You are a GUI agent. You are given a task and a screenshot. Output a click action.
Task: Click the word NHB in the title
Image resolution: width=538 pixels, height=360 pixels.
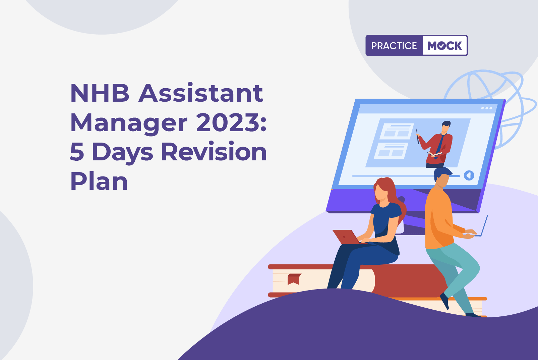(100, 93)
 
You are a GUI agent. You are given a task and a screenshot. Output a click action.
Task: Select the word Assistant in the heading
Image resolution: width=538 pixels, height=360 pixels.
(201, 93)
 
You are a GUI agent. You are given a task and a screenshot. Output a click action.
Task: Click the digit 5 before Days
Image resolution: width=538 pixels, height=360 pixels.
(77, 152)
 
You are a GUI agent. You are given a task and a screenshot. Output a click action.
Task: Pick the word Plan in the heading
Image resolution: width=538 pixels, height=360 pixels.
(99, 181)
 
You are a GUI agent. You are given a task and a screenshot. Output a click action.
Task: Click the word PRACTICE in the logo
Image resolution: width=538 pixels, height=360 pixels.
(394, 46)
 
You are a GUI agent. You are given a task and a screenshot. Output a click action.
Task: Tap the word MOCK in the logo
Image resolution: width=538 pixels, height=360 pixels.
(444, 46)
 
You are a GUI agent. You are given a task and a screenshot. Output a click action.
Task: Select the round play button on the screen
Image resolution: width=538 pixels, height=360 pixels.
(469, 175)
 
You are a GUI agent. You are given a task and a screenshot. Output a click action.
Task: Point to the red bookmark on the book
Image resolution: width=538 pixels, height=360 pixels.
(294, 279)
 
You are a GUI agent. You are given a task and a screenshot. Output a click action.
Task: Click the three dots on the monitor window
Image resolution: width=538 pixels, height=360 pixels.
(487, 108)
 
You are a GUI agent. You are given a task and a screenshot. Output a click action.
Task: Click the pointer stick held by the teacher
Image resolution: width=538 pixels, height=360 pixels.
(417, 136)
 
